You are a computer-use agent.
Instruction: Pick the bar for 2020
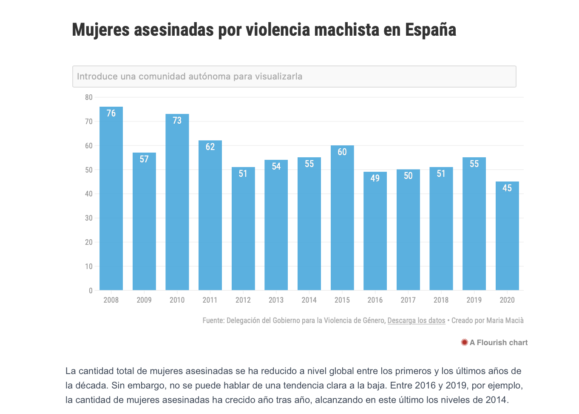pos(507,238)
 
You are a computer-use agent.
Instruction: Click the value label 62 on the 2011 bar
pos(210,147)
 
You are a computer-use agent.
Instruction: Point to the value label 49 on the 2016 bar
pos(375,179)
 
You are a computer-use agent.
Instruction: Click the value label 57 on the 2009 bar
pos(144,159)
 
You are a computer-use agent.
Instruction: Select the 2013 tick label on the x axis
pos(276,300)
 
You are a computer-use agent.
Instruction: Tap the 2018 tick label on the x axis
pos(441,300)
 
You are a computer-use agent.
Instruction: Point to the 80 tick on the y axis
pos(88,97)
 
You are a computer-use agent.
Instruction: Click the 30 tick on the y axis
pos(88,218)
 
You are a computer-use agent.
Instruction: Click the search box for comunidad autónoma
pos(294,77)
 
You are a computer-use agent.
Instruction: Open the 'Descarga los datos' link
pos(416,320)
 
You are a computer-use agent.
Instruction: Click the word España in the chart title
pos(430,30)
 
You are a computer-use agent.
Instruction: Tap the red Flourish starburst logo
pos(464,342)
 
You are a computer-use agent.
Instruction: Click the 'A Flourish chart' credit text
pos(499,343)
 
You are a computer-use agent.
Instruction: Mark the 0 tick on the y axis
pos(91,291)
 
